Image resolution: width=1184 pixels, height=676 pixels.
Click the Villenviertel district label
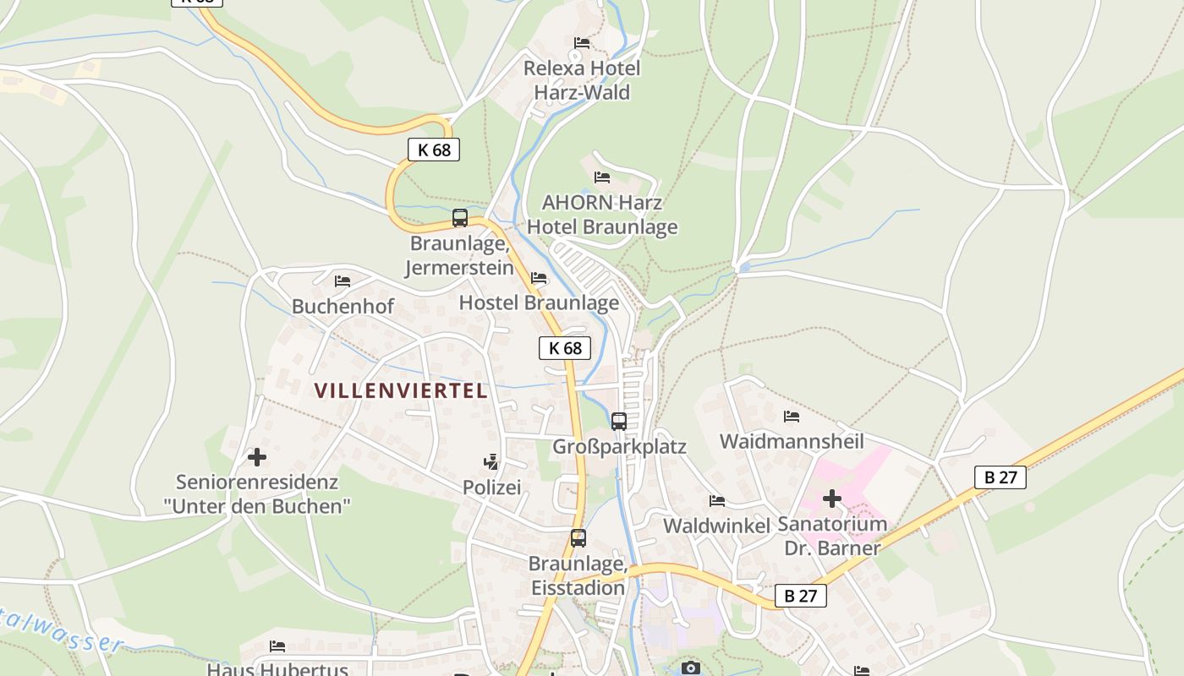(401, 390)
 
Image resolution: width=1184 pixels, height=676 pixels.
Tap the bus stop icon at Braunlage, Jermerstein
(460, 218)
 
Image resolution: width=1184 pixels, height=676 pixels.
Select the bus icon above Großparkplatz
(619, 421)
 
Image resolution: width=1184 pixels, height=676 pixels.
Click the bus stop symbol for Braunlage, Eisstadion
(578, 538)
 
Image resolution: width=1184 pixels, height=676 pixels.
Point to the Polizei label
(491, 488)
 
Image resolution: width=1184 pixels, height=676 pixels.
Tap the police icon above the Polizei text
(491, 461)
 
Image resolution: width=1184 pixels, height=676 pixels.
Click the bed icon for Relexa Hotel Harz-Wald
(581, 42)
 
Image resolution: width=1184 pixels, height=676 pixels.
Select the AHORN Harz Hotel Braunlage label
(602, 215)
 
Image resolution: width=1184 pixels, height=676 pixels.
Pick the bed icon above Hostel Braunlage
(539, 278)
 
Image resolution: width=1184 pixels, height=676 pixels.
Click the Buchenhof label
(343, 306)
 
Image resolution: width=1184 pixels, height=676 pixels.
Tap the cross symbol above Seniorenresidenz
(257, 458)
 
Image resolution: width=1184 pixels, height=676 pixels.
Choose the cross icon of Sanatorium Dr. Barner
(832, 499)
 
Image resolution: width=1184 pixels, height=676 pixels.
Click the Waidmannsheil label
(792, 441)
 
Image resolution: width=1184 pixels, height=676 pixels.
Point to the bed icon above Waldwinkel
(717, 500)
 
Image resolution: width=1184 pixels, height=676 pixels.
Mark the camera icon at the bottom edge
(691, 668)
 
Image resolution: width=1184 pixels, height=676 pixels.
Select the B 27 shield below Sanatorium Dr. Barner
(800, 596)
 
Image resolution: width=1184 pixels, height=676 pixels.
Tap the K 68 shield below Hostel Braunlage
(565, 347)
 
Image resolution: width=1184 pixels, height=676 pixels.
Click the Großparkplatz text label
(619, 446)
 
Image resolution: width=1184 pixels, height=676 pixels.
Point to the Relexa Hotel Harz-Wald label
(582, 80)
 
